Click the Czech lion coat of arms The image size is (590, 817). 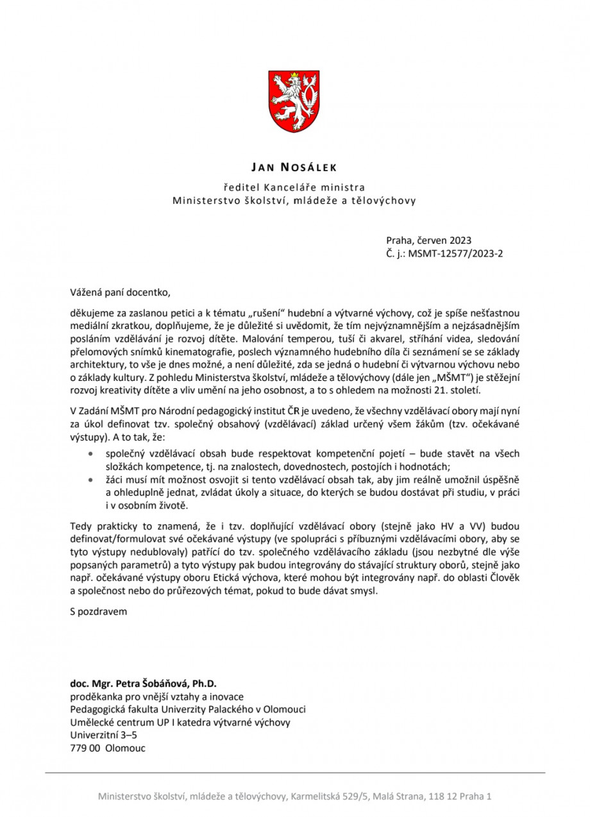click(x=294, y=102)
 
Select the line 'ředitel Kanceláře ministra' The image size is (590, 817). click(x=294, y=187)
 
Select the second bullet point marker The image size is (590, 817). click(x=92, y=480)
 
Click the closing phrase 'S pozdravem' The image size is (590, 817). click(x=99, y=611)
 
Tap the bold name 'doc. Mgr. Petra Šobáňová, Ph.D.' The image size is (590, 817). click(x=147, y=684)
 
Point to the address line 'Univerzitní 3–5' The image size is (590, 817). click(x=103, y=735)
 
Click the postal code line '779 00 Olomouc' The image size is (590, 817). click(x=108, y=748)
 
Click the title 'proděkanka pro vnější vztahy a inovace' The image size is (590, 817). click(x=156, y=696)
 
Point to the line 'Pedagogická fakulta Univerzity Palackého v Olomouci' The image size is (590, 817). click(x=188, y=709)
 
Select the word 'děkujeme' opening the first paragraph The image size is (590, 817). click(x=90, y=313)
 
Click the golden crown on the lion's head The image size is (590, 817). click(x=295, y=76)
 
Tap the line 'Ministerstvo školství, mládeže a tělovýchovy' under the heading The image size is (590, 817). click(x=294, y=201)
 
